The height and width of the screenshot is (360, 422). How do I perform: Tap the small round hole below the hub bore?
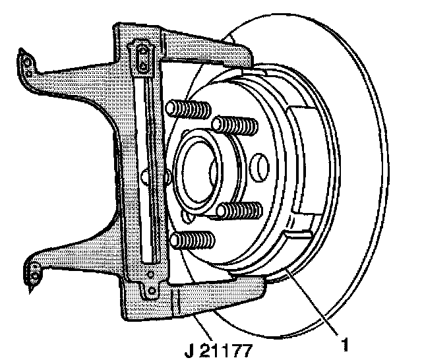191,215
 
